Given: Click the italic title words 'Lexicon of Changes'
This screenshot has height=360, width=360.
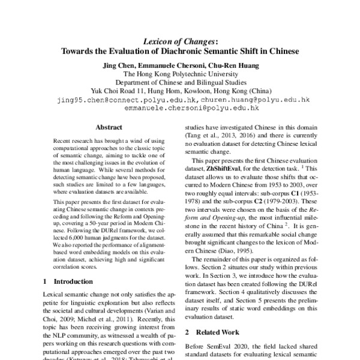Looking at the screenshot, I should tap(178, 42).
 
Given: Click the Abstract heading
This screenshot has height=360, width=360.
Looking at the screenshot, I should tap(109, 127).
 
